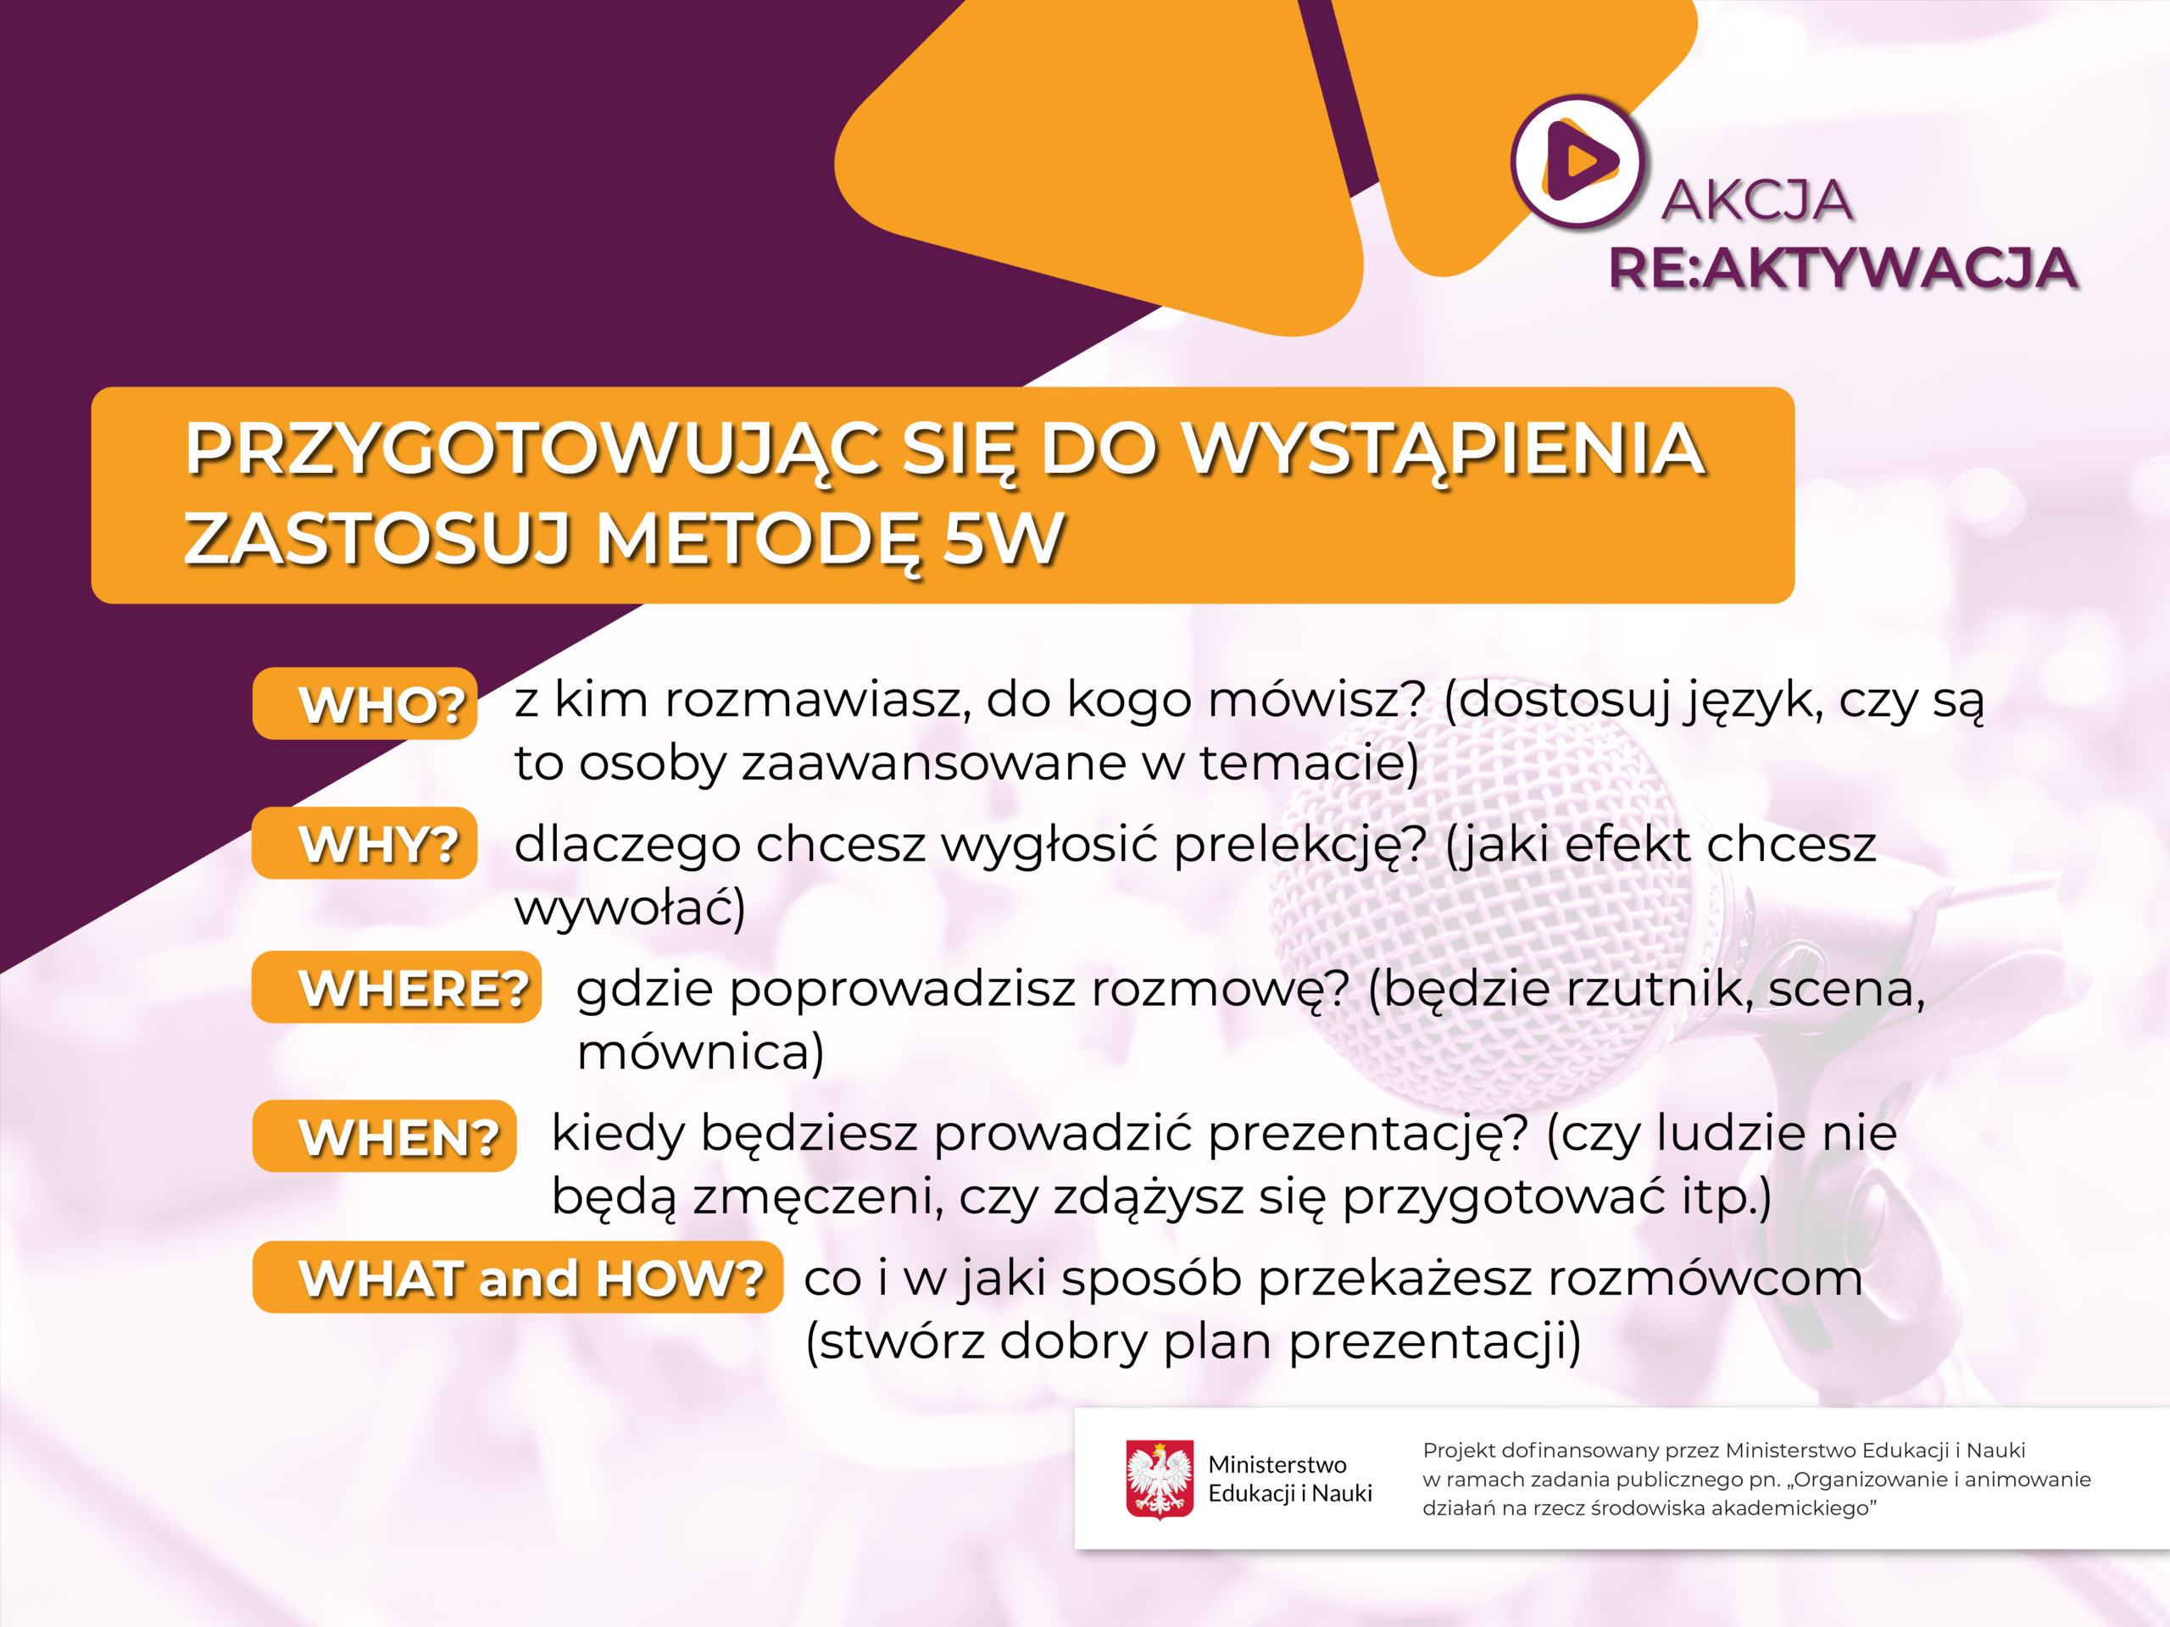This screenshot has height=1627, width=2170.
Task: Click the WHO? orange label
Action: (365, 703)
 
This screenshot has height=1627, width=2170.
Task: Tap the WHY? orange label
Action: (365, 843)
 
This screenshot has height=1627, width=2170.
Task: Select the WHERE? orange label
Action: (398, 987)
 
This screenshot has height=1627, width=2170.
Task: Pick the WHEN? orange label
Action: (385, 1136)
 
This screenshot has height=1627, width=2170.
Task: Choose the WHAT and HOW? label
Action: (518, 1278)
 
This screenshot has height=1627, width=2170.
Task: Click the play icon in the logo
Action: (1579, 162)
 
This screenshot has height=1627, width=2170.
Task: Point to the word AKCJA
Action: (1757, 200)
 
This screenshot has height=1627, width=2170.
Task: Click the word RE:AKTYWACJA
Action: (1842, 268)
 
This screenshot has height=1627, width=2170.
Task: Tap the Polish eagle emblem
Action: (1160, 1479)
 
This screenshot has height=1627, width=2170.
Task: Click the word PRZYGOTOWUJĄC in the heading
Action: (534, 450)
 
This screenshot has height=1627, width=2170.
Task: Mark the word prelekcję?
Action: (1299, 847)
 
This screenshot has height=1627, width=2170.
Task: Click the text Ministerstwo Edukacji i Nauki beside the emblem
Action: (1290, 1479)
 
